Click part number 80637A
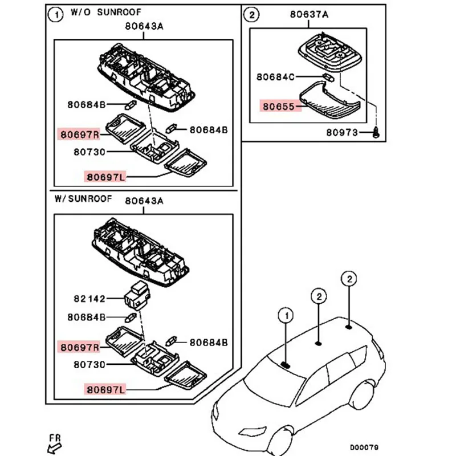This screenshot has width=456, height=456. [x=309, y=14]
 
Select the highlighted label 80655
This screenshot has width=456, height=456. [x=278, y=107]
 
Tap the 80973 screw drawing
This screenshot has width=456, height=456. [x=376, y=132]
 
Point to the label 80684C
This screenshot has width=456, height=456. [x=275, y=77]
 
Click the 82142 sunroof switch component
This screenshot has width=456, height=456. [x=137, y=296]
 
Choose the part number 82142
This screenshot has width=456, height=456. [x=89, y=299]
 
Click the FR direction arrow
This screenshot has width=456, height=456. [x=55, y=447]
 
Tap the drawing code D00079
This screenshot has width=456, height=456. [x=364, y=447]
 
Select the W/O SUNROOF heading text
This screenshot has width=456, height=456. [x=106, y=12]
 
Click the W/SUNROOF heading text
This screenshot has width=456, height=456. [x=83, y=198]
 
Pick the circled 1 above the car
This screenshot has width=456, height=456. [x=286, y=316]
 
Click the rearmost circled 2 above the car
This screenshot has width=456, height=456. [x=349, y=279]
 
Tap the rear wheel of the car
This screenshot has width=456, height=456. [x=363, y=396]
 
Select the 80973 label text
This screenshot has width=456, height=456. [x=342, y=133]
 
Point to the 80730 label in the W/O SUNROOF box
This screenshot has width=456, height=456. [x=89, y=152]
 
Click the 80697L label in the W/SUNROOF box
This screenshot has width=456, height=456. [x=105, y=390]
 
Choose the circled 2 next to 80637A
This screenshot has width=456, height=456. [x=251, y=15]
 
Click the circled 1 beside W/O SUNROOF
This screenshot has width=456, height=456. [x=55, y=15]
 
